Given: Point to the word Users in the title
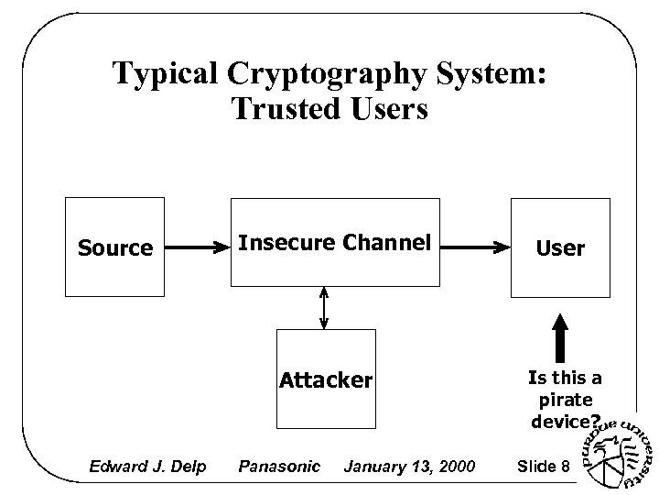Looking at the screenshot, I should [x=388, y=109].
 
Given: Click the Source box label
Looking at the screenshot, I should [x=115, y=248].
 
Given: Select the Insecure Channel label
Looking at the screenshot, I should [x=334, y=243].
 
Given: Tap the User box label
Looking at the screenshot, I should [x=559, y=248].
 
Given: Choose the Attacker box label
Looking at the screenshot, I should [x=326, y=379].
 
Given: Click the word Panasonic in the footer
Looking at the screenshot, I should [x=279, y=467].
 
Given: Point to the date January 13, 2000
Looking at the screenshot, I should [x=409, y=467].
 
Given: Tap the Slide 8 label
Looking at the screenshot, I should [x=544, y=467].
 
